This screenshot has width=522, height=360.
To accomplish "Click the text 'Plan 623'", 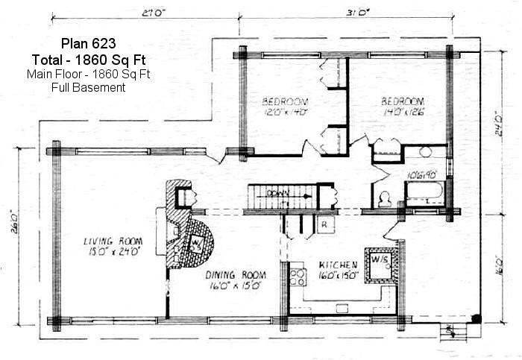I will pyautogui.click(x=88, y=44).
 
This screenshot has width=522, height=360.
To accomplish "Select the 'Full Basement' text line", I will pyautogui.click(x=88, y=87).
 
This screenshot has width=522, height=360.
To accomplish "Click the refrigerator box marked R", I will pyautogui.click(x=325, y=224).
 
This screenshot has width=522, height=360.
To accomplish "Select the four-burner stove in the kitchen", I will pyautogui.click(x=298, y=277).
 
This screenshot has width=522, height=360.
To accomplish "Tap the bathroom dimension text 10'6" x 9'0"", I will pyautogui.click(x=419, y=174).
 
